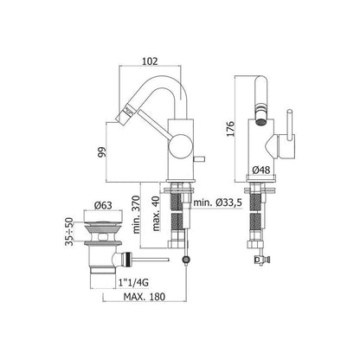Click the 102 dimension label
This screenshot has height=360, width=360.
[150, 61]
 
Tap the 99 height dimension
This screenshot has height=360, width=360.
[102, 152]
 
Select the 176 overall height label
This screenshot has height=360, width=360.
[230, 129]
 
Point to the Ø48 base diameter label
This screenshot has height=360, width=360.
[261, 170]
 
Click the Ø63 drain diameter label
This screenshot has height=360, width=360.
[103, 205]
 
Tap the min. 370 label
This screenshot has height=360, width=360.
[136, 215]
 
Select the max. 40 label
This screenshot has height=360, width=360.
[156, 213]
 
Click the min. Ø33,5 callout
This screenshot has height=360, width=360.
[217, 202]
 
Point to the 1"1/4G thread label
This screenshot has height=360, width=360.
[133, 283]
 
